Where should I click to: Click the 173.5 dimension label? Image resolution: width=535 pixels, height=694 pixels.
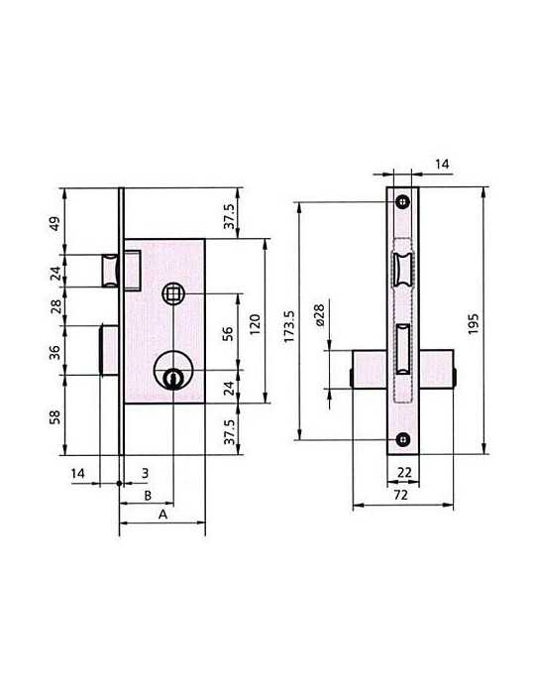click(288, 326)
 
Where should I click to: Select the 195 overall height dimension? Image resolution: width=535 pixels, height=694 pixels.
click(474, 323)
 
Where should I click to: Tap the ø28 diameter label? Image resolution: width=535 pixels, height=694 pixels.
click(319, 315)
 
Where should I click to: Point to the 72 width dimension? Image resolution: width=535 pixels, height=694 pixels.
click(400, 495)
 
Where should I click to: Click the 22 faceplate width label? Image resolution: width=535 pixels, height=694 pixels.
click(404, 472)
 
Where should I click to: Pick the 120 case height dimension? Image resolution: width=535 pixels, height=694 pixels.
click(256, 324)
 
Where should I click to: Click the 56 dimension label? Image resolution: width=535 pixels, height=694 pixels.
click(227, 333)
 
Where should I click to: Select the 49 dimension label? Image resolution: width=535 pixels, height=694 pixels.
click(53, 223)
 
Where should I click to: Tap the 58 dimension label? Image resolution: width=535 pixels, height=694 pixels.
click(54, 417)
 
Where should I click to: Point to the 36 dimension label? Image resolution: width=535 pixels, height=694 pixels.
click(54, 352)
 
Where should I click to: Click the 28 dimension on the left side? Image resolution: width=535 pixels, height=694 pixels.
click(55, 306)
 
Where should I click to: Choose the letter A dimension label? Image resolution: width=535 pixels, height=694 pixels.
click(162, 515)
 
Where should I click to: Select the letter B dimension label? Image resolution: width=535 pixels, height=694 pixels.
click(148, 496)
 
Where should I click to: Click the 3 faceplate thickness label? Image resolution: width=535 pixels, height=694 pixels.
click(145, 473)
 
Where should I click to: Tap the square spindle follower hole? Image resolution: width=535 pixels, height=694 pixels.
click(172, 293)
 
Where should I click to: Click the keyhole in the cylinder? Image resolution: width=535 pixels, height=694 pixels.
click(172, 379)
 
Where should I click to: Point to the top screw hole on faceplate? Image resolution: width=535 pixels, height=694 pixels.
click(402, 202)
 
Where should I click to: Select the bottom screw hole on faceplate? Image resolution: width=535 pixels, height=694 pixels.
click(402, 439)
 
